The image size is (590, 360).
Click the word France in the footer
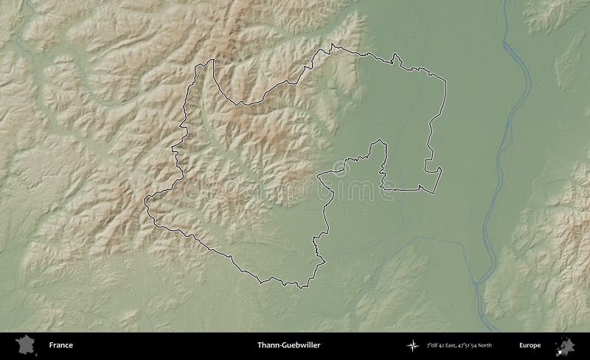tap(61, 345)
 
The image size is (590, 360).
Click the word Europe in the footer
tap(530, 345)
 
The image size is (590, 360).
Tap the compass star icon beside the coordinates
tap(410, 345)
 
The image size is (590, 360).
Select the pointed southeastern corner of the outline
tap(442, 168)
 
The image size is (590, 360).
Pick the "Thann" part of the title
tap(265, 345)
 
